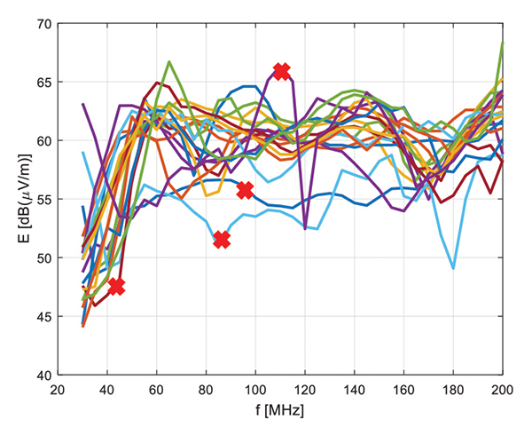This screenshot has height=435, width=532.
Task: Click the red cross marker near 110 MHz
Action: click(x=281, y=72)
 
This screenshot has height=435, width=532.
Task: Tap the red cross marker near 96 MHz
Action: click(x=245, y=190)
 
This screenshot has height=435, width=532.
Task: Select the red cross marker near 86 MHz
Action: click(x=222, y=240)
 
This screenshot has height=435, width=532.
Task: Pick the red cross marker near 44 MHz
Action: click(x=116, y=286)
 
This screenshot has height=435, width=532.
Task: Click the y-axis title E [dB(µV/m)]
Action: click(x=17, y=200)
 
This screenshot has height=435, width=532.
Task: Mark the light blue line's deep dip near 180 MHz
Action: click(x=453, y=268)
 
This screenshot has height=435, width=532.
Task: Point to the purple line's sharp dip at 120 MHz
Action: click(x=305, y=228)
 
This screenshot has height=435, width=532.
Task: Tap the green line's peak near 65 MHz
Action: click(x=169, y=62)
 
